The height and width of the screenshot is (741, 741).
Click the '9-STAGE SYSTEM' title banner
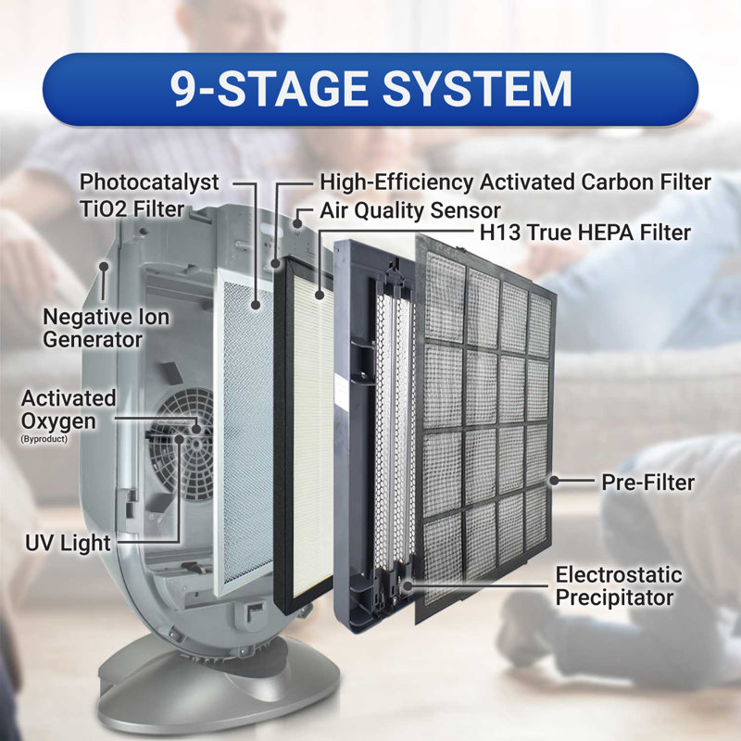370,89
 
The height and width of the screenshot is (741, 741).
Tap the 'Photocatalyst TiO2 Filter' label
149,195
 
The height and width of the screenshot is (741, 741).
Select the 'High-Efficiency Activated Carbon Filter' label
515,182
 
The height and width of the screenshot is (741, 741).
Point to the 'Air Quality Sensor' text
410,211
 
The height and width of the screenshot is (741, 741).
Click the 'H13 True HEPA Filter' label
585,232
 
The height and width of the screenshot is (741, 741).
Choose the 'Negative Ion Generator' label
106,328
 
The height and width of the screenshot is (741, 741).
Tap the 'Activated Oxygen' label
69,409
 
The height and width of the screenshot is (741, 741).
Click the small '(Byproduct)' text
44,439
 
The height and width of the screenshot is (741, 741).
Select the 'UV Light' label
68,543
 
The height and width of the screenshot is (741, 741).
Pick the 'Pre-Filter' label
647,483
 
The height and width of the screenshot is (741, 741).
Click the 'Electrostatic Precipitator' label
619,586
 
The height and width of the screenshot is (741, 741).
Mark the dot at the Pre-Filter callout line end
554,481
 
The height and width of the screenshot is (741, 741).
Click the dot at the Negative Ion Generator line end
104,267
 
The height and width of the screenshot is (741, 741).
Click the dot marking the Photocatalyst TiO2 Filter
256,305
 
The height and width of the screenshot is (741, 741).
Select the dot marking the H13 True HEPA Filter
320,295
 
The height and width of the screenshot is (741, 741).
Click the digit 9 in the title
183,89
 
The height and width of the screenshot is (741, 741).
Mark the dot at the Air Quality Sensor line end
297,222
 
